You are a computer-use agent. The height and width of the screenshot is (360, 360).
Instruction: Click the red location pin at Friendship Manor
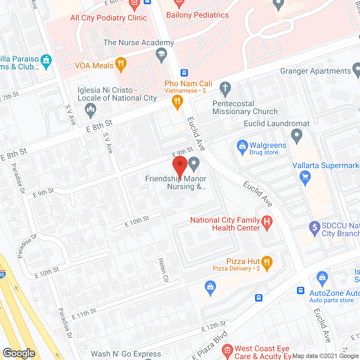180,166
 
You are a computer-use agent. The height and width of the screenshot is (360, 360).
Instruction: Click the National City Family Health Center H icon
267,222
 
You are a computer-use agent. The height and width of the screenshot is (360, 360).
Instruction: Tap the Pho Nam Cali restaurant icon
177,101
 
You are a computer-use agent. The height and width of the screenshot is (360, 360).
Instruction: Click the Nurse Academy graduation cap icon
161,55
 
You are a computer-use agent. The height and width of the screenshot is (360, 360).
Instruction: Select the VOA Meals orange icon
121,64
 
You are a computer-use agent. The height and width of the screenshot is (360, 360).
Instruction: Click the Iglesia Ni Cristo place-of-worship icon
91,110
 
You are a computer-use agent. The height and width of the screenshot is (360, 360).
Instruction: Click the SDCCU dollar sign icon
315,228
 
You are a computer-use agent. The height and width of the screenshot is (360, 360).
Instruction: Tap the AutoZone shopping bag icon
322,278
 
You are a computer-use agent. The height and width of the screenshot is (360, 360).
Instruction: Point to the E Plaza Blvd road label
210,345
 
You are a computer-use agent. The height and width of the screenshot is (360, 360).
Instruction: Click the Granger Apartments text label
316,71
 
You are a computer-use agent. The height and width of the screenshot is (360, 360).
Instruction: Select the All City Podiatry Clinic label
109,18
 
